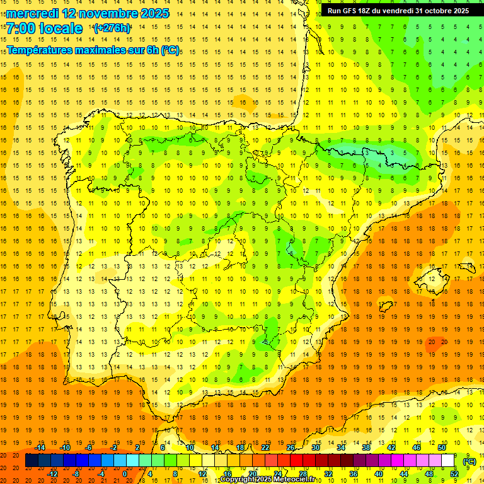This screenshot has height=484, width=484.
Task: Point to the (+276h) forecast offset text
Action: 112,28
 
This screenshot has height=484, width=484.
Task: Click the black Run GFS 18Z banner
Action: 398,11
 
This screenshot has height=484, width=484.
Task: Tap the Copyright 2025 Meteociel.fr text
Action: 267,480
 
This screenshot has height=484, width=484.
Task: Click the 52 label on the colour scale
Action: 454,473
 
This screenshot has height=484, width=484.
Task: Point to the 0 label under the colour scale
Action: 124,473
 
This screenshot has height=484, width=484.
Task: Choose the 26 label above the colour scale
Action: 291,447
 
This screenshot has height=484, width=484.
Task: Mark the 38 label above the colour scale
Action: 366,447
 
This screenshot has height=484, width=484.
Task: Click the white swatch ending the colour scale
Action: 448,461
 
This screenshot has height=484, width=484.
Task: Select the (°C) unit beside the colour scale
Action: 470,461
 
